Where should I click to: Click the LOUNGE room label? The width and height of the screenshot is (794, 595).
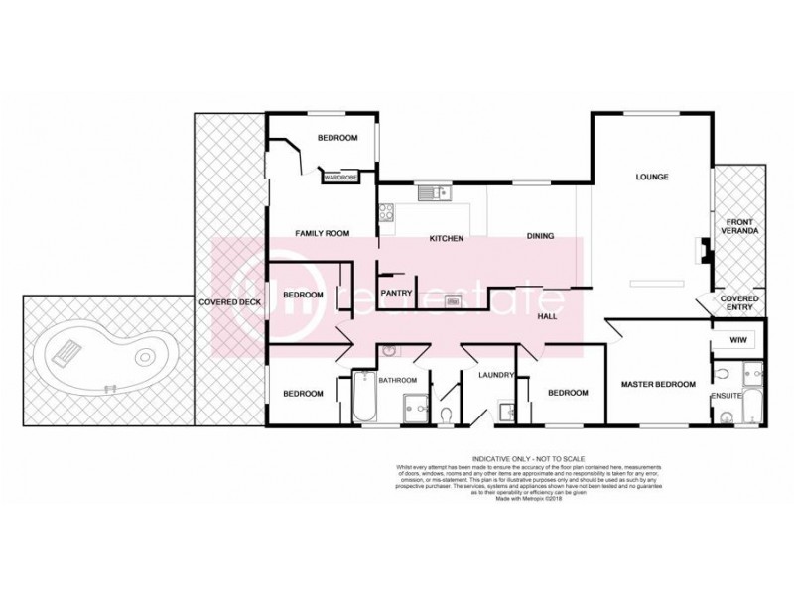click(x=652, y=178)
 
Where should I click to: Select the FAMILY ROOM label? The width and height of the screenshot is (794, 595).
click(x=323, y=233)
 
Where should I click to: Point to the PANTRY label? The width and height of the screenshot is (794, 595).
click(x=396, y=293)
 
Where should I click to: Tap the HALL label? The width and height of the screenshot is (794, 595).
click(x=547, y=316)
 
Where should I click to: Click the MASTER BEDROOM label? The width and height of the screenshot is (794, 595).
click(x=658, y=384)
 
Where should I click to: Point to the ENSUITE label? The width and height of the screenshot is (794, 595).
click(x=726, y=397)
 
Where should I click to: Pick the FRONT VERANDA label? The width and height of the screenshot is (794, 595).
click(x=741, y=226)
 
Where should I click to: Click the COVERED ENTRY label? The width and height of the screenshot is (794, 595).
click(x=740, y=302)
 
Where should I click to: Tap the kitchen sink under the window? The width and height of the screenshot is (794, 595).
click(x=433, y=192)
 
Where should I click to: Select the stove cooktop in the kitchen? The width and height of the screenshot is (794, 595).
click(x=387, y=210)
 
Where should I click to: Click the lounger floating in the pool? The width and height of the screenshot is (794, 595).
click(x=67, y=350)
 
